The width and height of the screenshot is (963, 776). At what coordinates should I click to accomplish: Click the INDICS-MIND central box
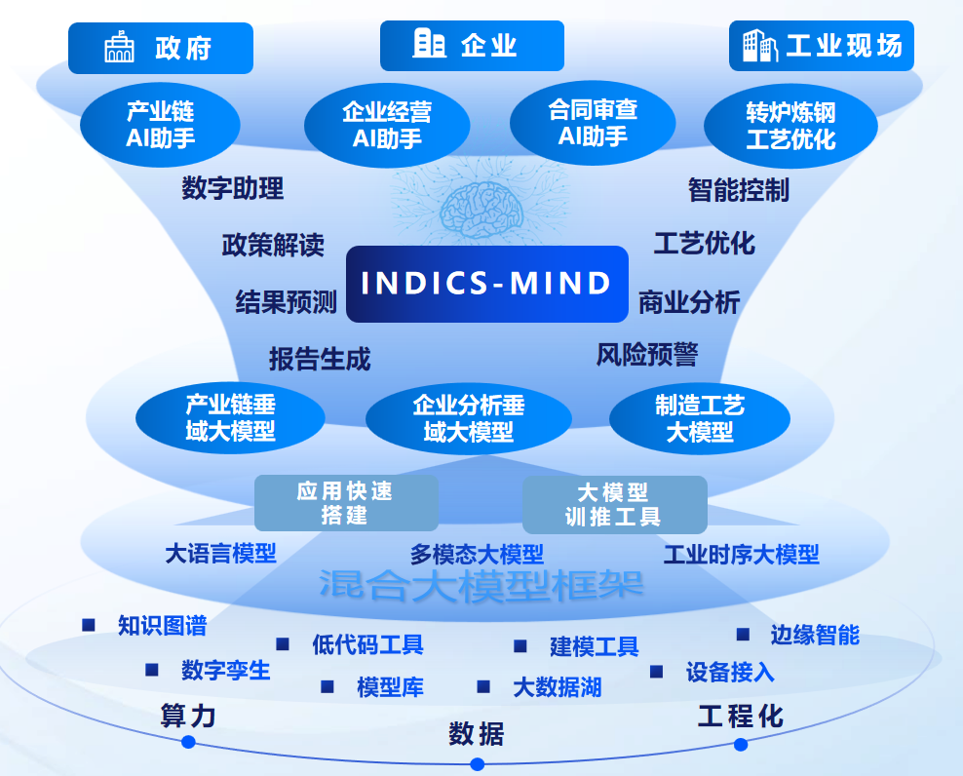point(486,284)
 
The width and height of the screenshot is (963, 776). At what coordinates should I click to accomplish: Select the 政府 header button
point(161,47)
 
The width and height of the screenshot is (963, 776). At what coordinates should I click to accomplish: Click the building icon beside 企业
point(429,44)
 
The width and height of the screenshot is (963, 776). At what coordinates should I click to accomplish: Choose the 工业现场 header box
point(822,46)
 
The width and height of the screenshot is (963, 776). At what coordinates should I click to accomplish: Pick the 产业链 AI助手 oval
point(160,124)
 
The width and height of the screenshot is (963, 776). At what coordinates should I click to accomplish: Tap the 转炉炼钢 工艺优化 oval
point(790,126)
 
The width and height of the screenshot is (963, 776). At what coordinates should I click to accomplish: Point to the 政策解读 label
point(273,244)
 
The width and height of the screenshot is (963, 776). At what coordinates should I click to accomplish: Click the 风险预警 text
point(647,355)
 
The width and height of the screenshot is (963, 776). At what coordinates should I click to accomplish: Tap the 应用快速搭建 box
point(345,503)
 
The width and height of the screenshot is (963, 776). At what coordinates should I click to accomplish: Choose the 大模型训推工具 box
point(614,504)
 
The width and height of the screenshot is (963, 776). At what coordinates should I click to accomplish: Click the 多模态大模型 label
point(477,555)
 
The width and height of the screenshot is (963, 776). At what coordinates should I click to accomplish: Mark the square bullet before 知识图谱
point(89,625)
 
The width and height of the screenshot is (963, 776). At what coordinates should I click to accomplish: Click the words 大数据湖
point(557,687)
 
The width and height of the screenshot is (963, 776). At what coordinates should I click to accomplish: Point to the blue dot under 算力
point(188,742)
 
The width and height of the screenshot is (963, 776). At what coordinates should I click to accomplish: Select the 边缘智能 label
point(815,636)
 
